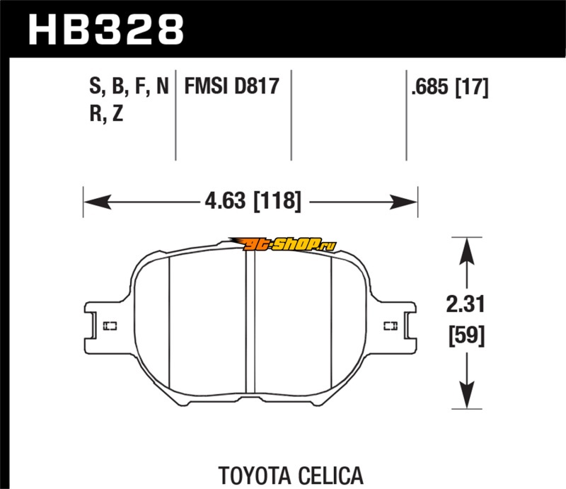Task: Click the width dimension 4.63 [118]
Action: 250,202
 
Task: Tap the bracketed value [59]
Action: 465,335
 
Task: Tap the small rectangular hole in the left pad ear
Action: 110,326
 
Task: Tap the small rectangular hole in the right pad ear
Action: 390,326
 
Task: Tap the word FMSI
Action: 208,88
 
